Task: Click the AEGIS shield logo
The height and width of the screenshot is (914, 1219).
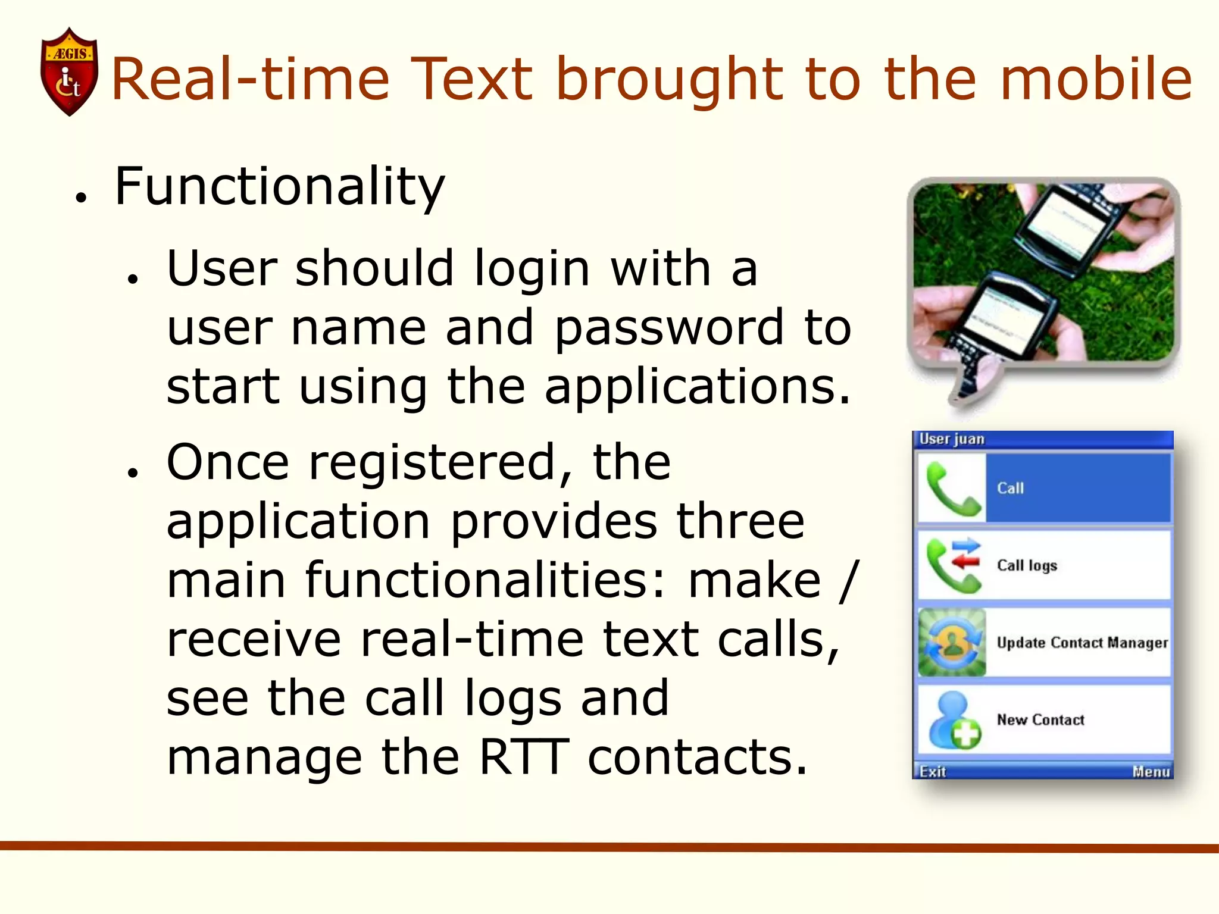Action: point(69,71)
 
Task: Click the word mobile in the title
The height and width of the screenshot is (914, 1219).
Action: point(1096,79)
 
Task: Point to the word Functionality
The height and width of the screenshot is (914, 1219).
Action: point(280,187)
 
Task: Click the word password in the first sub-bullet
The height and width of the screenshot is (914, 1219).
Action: point(669,328)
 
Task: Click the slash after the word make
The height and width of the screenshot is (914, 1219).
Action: point(849,580)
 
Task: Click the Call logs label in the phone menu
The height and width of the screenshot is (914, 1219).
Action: point(1027,565)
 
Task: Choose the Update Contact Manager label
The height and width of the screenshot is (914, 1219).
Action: point(1082,643)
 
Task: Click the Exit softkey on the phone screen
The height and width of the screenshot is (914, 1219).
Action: point(932,772)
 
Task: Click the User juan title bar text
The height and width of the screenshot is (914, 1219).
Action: point(952,439)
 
